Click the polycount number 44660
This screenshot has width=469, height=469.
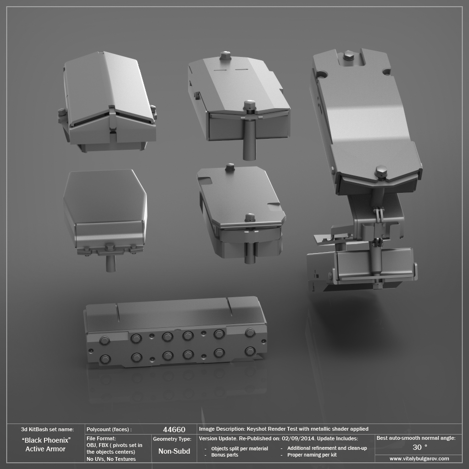pyautogui.click(x=174, y=429)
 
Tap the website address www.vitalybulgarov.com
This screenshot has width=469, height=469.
pyautogui.click(x=419, y=458)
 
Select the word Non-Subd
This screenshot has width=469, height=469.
pyautogui.click(x=174, y=451)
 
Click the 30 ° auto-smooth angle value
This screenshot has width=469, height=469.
pyautogui.click(x=420, y=447)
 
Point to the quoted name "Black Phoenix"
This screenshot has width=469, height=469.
pyautogui.click(x=46, y=440)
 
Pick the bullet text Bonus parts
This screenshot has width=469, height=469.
pyautogui.click(x=224, y=455)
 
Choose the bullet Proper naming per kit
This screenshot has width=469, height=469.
pyautogui.click(x=312, y=455)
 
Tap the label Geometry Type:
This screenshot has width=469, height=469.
pyautogui.click(x=172, y=438)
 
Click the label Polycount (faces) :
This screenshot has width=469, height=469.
pyautogui.click(x=109, y=429)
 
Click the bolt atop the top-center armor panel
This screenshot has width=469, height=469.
pyautogui.click(x=225, y=56)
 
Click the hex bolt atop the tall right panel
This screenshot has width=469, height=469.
pyautogui.click(x=348, y=56)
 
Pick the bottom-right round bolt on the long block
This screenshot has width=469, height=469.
pyautogui.click(x=250, y=351)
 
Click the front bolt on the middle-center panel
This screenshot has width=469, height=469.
pyautogui.click(x=250, y=218)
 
